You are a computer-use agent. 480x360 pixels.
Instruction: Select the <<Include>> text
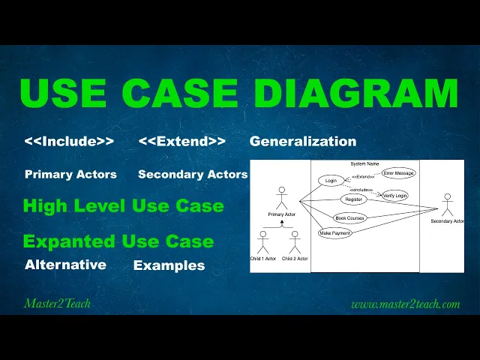tap(69, 141)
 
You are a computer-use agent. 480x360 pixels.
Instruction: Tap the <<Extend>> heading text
tap(182, 141)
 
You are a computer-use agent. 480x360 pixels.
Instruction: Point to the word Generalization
tap(303, 141)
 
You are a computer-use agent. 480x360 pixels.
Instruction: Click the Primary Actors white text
tap(70, 174)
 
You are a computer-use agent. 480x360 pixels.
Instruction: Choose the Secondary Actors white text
tap(193, 174)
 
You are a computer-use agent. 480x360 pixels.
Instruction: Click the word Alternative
tap(65, 265)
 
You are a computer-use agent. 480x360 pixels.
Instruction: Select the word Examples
tap(169, 265)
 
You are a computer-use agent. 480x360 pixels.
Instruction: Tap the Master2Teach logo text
tap(58, 304)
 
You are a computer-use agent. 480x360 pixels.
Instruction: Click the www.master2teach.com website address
tap(405, 304)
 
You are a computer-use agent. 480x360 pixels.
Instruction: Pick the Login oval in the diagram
tap(330, 181)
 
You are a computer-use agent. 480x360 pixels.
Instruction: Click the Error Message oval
tap(398, 173)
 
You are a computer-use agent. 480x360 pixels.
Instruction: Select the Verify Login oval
tap(395, 196)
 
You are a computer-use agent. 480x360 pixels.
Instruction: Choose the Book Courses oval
tap(349, 218)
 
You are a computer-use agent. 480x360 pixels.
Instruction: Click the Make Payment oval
tap(334, 233)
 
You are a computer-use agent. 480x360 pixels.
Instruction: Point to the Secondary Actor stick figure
tap(448, 205)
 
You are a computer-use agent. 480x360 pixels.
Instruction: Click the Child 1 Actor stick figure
tap(262, 241)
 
